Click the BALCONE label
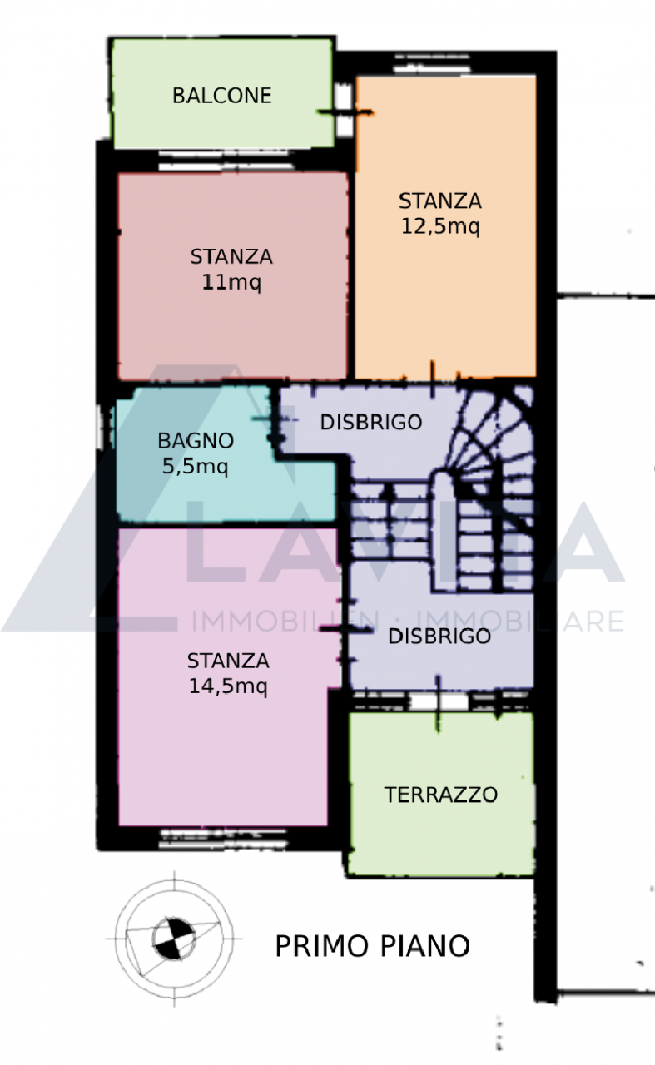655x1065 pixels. coord(221,96)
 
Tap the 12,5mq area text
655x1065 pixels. coord(440,226)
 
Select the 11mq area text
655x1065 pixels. coord(231,283)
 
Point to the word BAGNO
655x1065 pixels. coord(196,441)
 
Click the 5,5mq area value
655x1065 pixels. coord(195,467)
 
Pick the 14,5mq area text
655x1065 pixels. coord(228,686)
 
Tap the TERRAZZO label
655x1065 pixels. coord(441,795)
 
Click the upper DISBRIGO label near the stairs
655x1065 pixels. coord(371,422)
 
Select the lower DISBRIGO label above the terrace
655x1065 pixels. coord(439,637)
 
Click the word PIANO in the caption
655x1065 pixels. coord(426,946)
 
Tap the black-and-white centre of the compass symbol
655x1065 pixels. coord(174,939)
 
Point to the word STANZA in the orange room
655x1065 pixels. coord(440,201)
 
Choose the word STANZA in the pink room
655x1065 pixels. coord(228,661)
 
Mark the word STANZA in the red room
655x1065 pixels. coord(231,257)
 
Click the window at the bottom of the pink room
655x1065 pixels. coord(223,839)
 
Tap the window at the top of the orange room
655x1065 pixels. coord(433,64)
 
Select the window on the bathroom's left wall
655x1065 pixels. coord(100,427)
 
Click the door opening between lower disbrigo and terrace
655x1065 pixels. coord(439,701)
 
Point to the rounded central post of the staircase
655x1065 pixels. coord(444,528)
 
